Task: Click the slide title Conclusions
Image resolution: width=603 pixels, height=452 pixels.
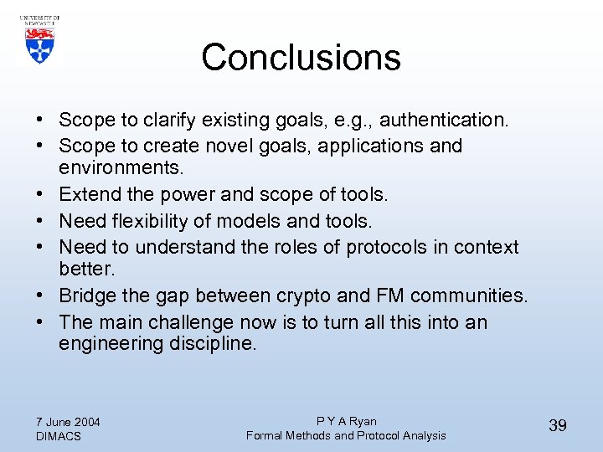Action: pos(301,58)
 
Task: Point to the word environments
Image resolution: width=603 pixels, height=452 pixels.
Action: pos(121,167)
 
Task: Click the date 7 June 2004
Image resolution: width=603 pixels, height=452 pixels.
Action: pos(68,422)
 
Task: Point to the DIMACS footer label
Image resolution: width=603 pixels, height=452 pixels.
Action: pos(59,436)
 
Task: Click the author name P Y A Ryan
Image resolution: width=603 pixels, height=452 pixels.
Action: pos(346,421)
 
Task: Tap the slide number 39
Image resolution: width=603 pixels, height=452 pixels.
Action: pos(557,426)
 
